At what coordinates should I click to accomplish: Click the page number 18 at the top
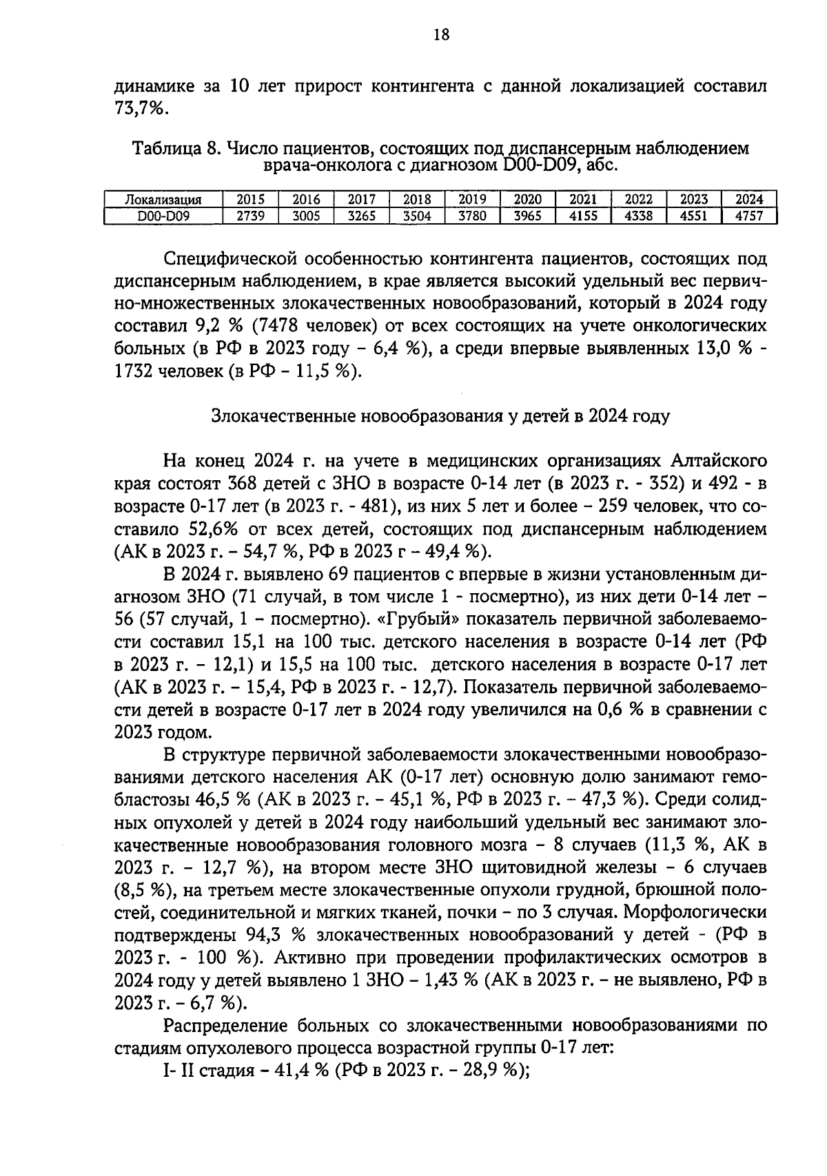(x=441, y=34)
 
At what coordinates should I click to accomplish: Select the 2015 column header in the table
(x=251, y=199)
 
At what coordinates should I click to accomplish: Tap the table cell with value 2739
(x=251, y=216)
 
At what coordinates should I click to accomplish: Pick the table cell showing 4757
(x=749, y=216)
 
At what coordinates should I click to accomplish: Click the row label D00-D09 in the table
(x=163, y=216)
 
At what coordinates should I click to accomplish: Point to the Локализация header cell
(x=163, y=200)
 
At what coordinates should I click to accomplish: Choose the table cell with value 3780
(x=472, y=216)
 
